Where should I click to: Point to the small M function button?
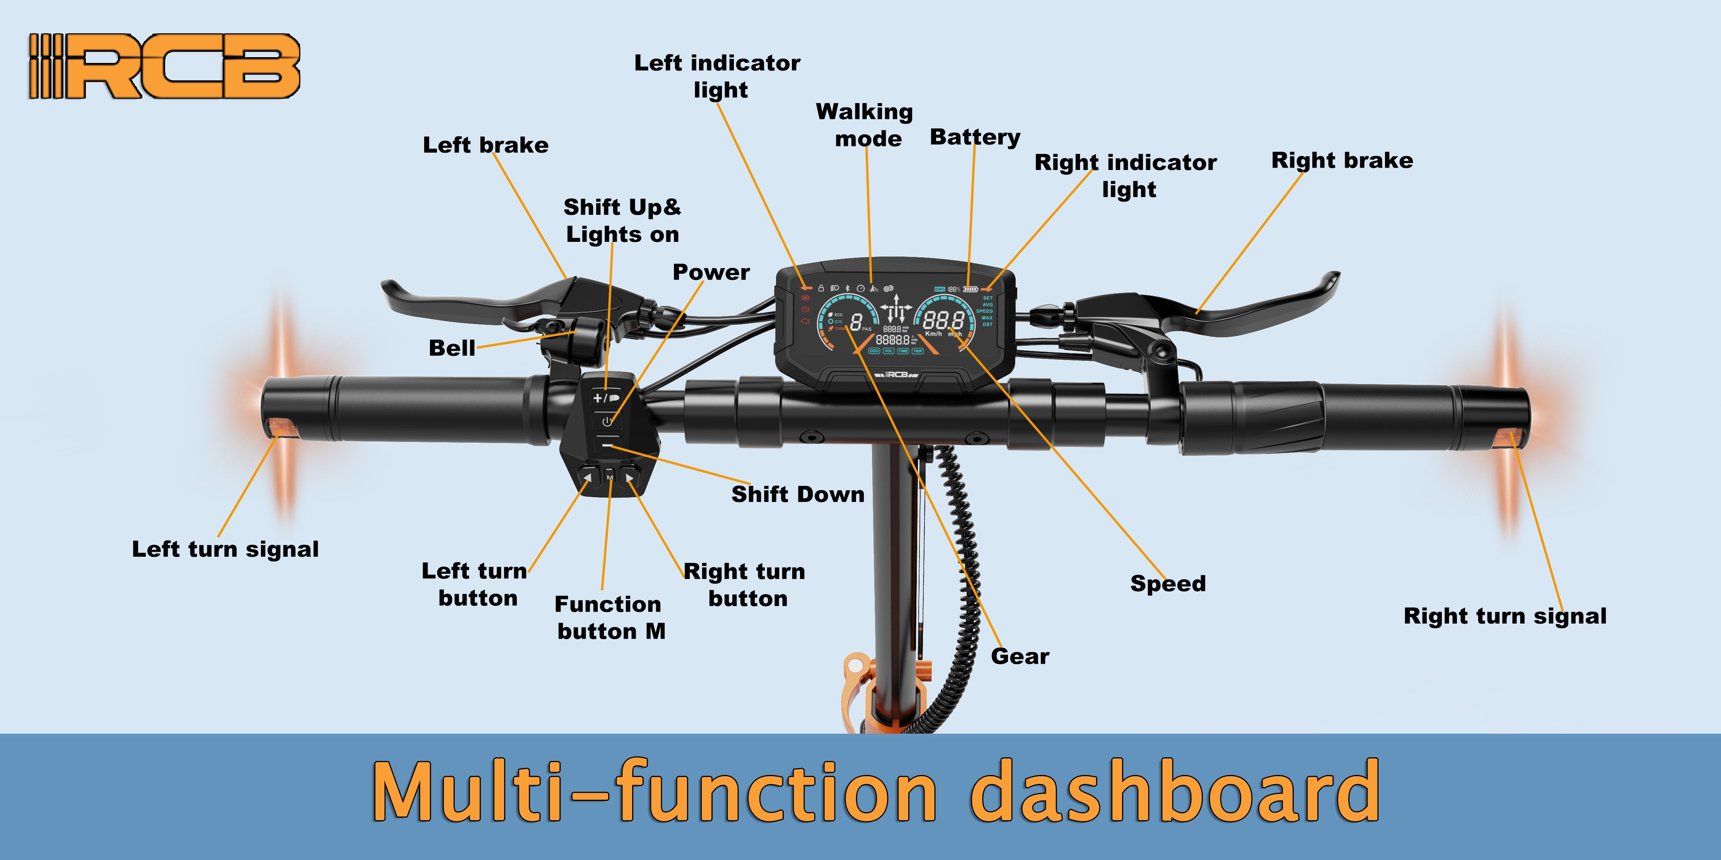pos(609,478)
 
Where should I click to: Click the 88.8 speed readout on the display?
pos(943,321)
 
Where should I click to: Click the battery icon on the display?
pos(970,289)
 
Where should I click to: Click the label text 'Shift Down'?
pos(798,494)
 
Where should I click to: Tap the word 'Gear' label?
pos(1020,656)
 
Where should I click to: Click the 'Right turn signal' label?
pos(1504,615)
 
